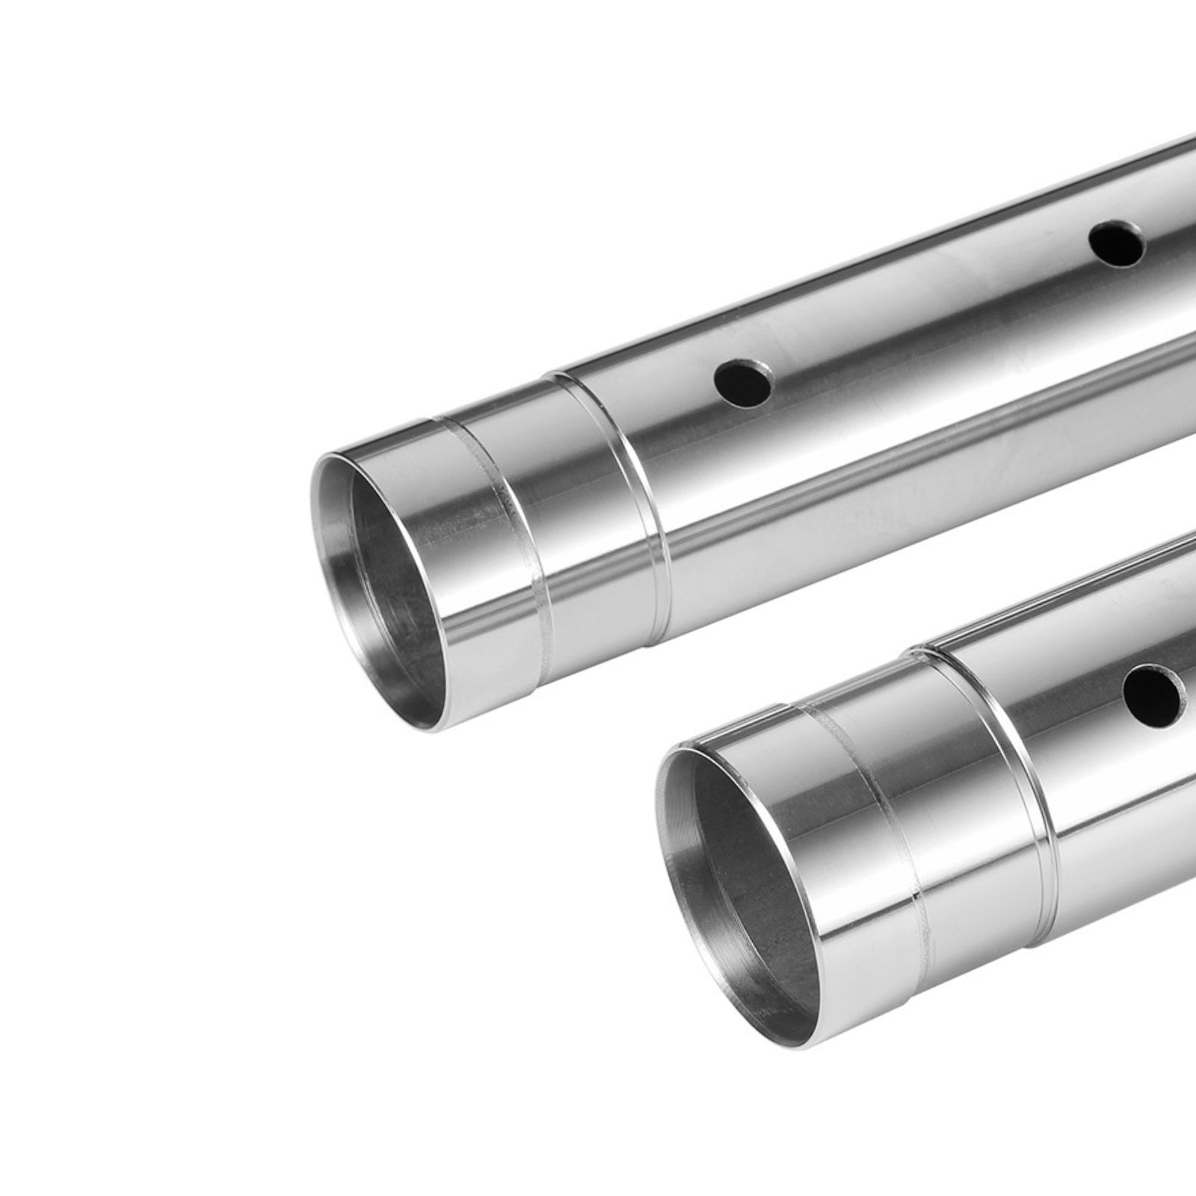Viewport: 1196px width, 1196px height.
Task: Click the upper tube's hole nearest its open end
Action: coord(742,383)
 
